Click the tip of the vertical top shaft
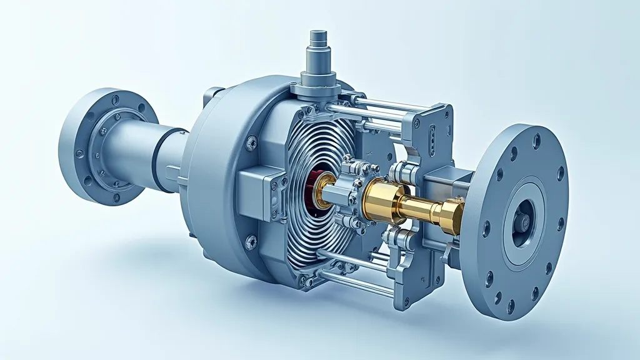click(x=318, y=32)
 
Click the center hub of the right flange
click(x=521, y=221)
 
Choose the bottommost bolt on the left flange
click(x=116, y=197)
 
